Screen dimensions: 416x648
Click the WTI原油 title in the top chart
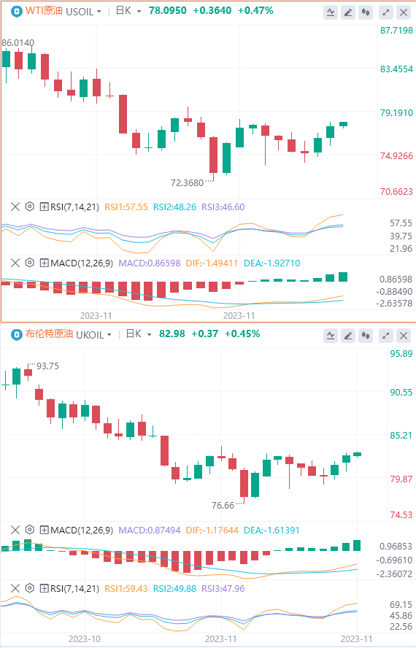click(44, 11)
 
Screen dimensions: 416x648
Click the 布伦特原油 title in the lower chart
click(49, 334)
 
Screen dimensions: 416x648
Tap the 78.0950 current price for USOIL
click(167, 11)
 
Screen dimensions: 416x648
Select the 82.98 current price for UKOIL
click(172, 334)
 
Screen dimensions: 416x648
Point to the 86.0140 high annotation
click(18, 42)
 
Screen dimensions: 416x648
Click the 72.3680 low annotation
click(187, 182)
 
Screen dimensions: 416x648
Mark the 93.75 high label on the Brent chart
click(47, 366)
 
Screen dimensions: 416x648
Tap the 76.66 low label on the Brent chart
click(223, 506)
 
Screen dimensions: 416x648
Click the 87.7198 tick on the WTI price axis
click(396, 30)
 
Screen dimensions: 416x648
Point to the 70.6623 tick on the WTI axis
click(396, 191)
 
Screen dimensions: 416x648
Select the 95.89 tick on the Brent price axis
click(401, 353)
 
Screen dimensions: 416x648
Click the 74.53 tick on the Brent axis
click(401, 514)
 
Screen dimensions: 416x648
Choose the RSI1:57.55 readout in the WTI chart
click(126, 207)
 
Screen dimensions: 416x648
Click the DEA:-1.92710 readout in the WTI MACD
click(271, 263)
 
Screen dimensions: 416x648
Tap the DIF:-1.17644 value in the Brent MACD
click(212, 531)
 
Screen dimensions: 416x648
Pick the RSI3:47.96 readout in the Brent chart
click(223, 588)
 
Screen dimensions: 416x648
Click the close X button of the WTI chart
click(404, 12)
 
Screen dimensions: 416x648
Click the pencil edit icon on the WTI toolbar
click(348, 12)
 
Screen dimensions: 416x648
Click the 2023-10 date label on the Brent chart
click(85, 639)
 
